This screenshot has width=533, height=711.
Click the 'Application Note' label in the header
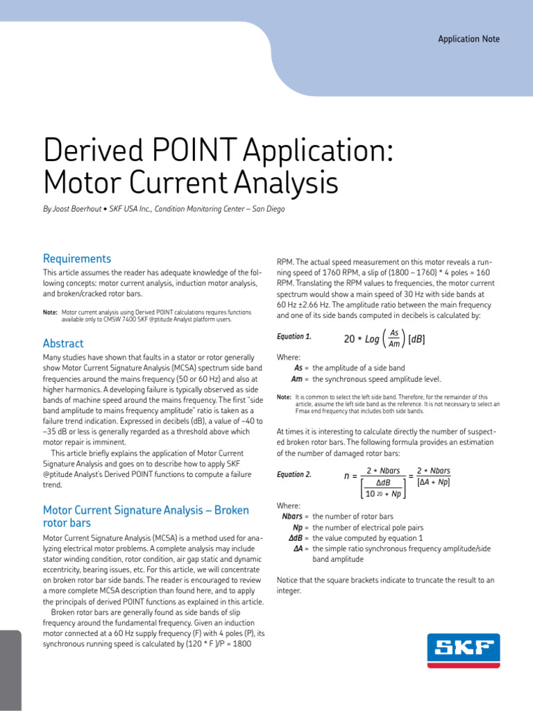coord(468,39)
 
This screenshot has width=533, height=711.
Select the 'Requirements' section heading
coord(77,258)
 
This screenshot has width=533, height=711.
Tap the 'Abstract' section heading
coord(63,343)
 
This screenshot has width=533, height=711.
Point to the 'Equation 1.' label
coord(294,337)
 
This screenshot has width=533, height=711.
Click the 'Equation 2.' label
coord(294,475)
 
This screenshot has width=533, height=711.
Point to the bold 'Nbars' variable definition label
coord(294,517)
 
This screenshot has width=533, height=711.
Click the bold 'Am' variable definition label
coord(299,379)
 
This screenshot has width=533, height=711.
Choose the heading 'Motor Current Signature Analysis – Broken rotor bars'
coord(146,516)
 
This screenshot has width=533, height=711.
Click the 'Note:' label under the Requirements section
coord(50,312)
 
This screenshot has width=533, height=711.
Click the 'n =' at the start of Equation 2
coord(350,476)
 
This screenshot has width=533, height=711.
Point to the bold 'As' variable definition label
coord(300,368)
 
